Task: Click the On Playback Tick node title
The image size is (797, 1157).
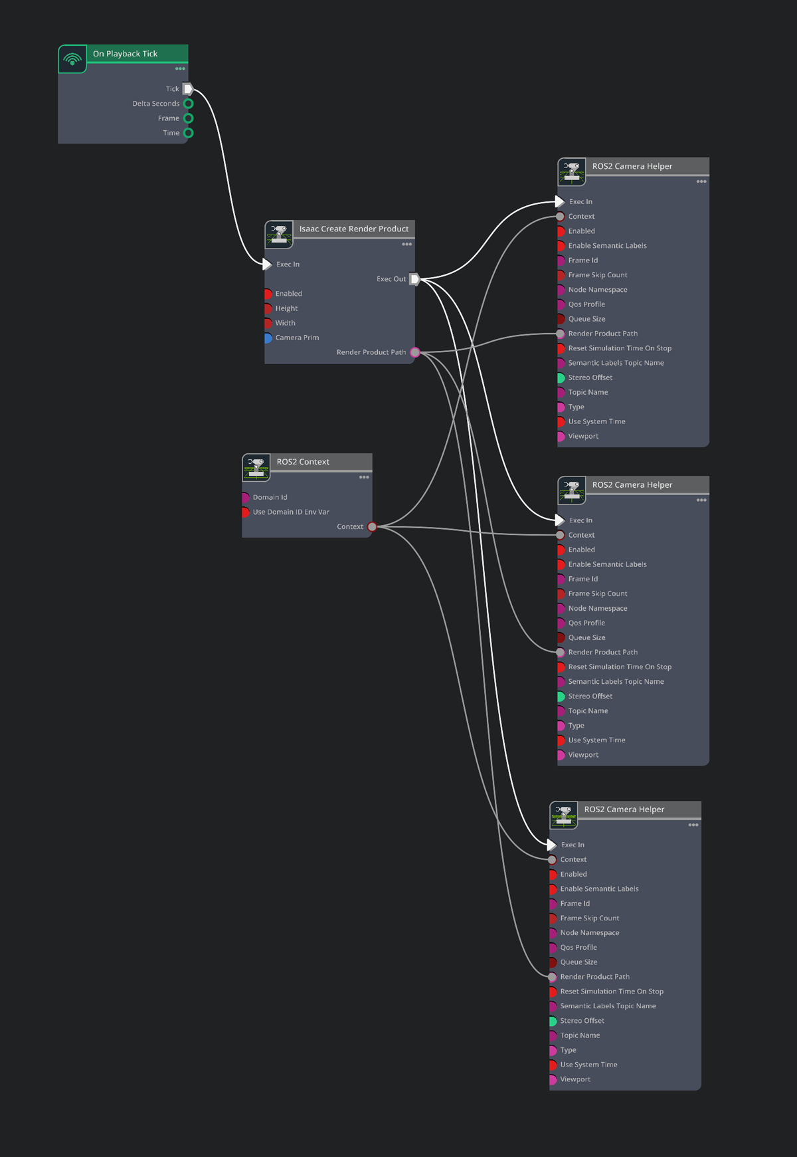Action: (x=125, y=54)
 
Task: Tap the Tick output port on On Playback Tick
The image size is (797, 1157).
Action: (x=188, y=89)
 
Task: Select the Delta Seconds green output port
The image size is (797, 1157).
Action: (x=189, y=104)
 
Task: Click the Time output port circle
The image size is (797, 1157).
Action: (x=189, y=133)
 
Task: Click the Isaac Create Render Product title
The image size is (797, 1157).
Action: (x=353, y=229)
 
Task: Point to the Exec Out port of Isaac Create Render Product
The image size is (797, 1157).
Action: (x=414, y=279)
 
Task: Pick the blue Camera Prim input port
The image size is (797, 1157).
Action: (x=268, y=338)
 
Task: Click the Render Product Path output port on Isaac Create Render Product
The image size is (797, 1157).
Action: (x=415, y=352)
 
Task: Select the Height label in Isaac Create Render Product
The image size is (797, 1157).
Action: (x=286, y=308)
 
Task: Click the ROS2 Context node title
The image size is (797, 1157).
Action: (x=303, y=462)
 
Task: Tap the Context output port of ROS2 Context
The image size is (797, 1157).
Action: (x=373, y=527)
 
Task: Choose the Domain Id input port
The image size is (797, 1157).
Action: (x=245, y=497)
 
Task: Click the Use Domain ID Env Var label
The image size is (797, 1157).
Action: (x=291, y=512)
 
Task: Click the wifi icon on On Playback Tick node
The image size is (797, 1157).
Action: (x=72, y=59)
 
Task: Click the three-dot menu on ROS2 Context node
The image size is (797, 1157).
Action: (x=364, y=477)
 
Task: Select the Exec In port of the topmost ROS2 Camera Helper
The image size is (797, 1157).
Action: (x=560, y=201)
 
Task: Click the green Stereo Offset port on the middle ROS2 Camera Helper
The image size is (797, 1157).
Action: (x=561, y=696)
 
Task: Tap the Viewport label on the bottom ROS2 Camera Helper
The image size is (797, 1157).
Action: (x=575, y=1079)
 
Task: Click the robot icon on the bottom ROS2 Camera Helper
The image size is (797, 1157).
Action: (x=563, y=815)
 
